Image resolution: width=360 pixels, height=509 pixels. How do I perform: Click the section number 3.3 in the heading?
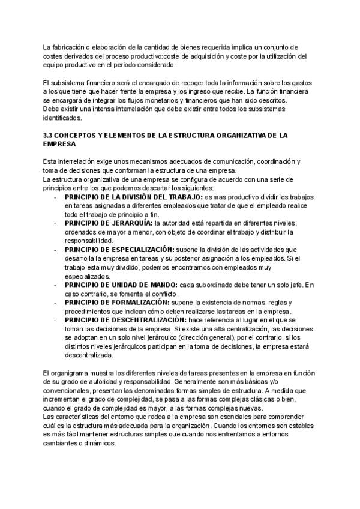(x=49, y=136)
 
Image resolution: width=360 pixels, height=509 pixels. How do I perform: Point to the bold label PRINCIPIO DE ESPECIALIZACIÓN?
(x=119, y=248)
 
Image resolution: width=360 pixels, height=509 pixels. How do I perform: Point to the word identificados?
(x=64, y=118)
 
